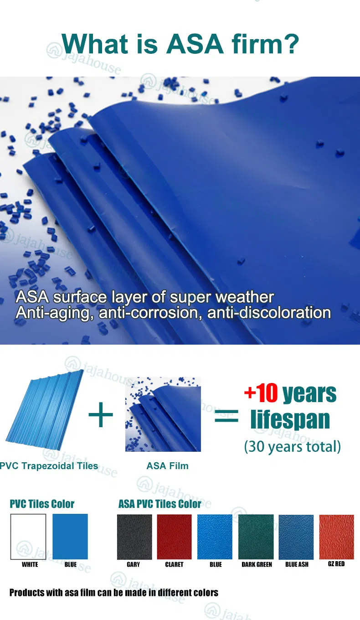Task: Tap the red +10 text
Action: tap(261, 393)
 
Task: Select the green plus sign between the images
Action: tap(101, 414)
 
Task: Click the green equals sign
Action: tap(226, 416)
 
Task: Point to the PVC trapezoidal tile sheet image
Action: tap(45, 410)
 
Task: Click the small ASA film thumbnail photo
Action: tap(163, 414)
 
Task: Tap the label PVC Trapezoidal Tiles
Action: tap(49, 466)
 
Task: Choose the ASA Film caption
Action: tap(167, 466)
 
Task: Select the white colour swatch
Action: tap(28, 537)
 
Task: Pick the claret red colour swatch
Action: tap(175, 537)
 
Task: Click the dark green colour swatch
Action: tap(256, 537)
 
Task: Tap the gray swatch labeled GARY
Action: tap(134, 537)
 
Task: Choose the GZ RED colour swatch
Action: tap(336, 537)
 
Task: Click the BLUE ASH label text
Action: tap(297, 564)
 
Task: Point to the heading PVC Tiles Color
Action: tap(42, 504)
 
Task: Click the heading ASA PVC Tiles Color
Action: tap(159, 504)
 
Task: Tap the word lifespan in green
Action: tap(290, 419)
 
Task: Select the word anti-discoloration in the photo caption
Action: tap(269, 313)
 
